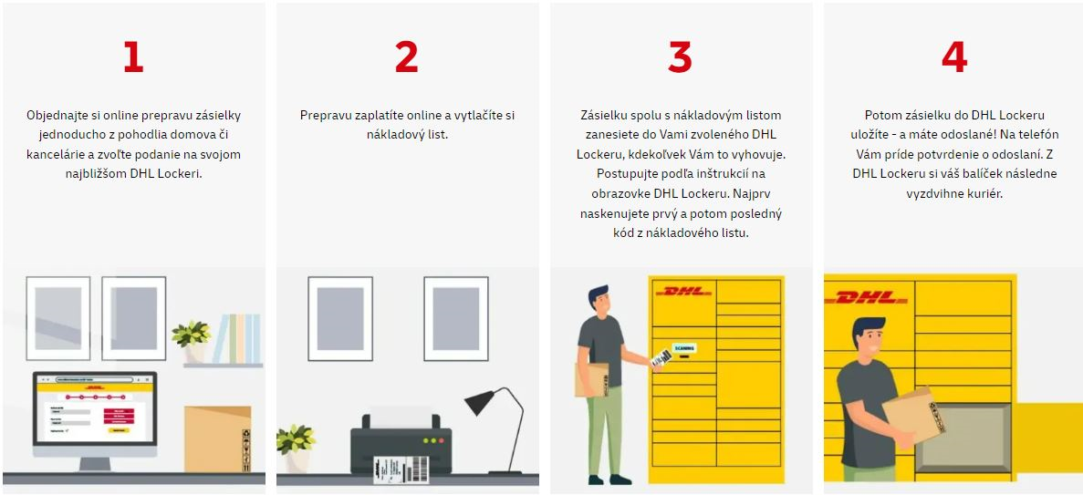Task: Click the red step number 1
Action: [x=133, y=57]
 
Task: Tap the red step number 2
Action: [x=406, y=57]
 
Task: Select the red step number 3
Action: [x=680, y=57]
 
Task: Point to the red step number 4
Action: [x=953, y=57]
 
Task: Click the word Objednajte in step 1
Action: [x=57, y=115]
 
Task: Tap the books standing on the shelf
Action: [x=236, y=338]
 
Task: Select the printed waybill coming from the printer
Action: [x=401, y=468]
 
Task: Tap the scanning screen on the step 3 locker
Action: [x=683, y=348]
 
